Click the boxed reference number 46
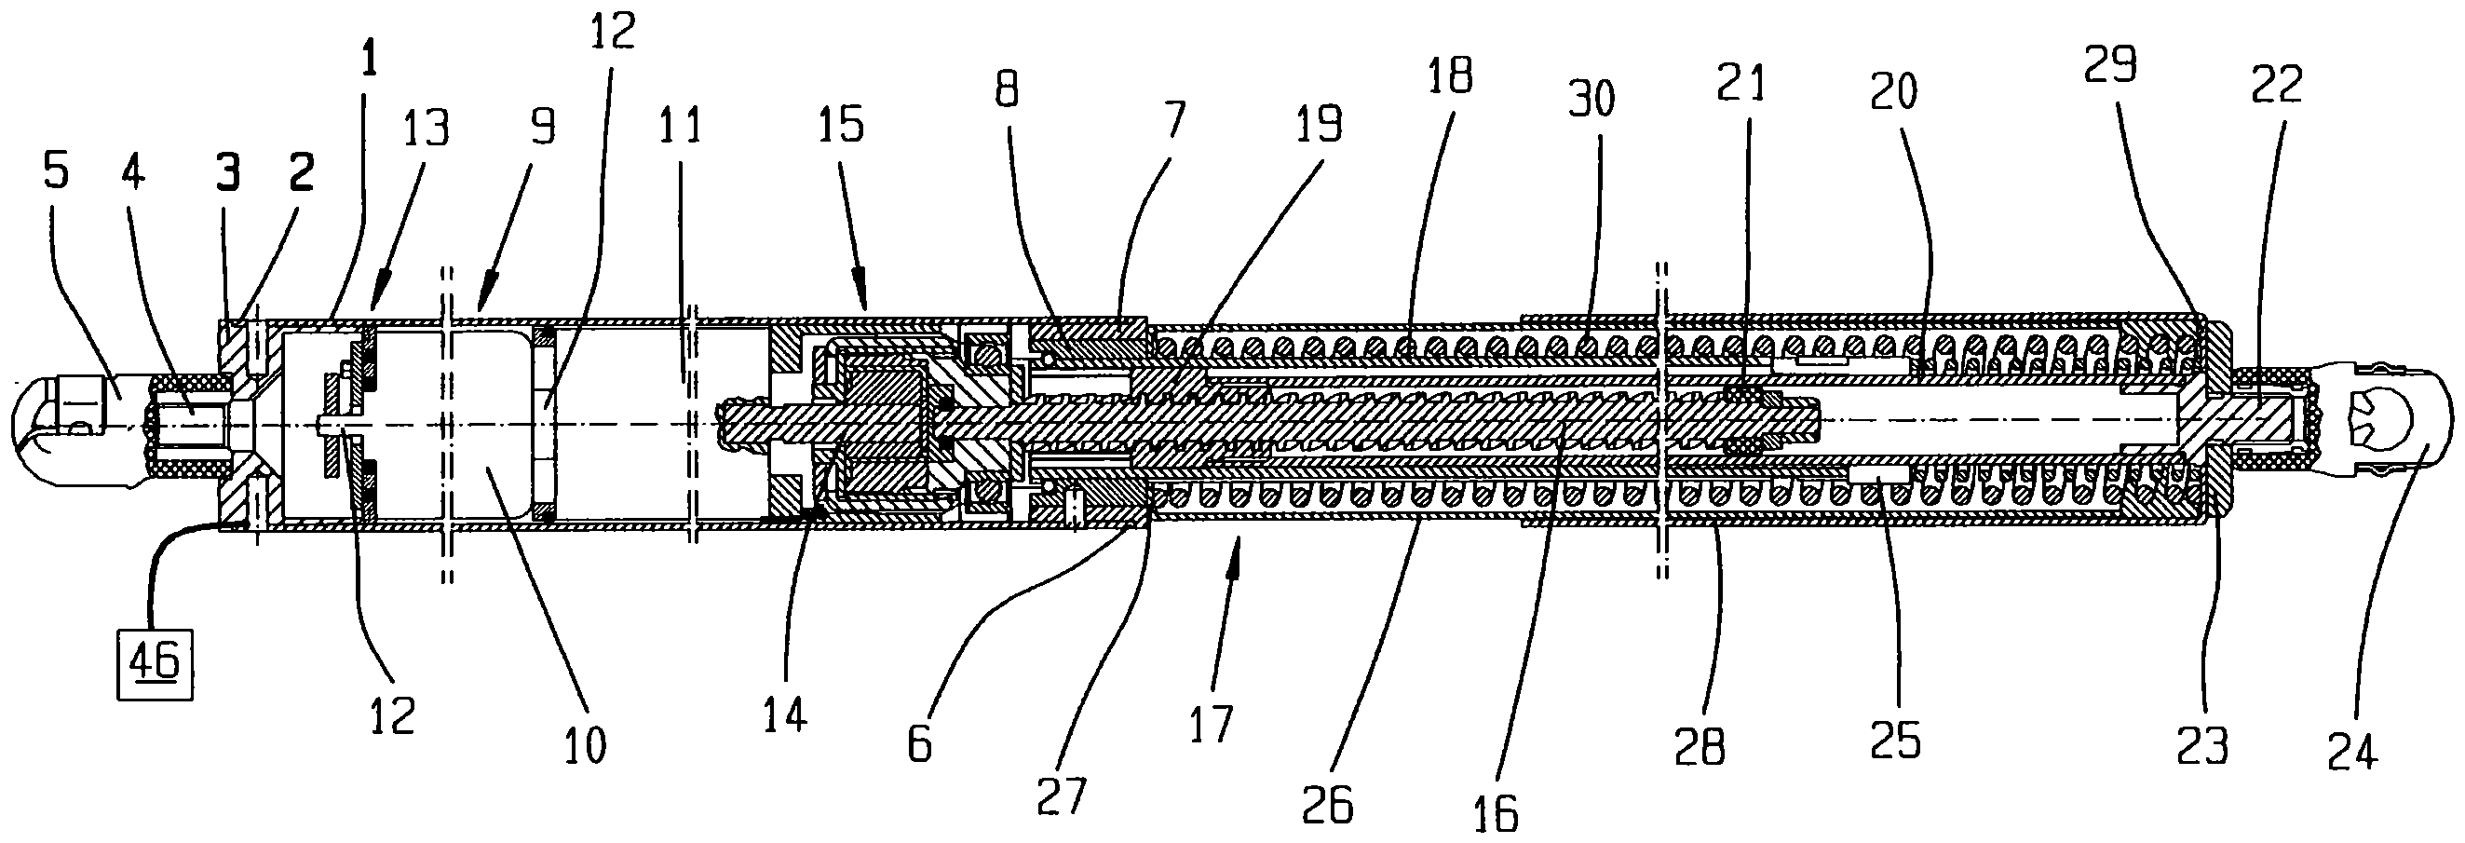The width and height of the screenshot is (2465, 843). tap(155, 662)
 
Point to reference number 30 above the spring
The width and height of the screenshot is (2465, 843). tap(1591, 100)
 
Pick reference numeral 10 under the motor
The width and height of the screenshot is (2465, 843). tap(585, 743)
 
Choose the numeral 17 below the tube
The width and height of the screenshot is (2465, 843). tap(1212, 724)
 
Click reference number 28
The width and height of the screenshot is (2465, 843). tap(1700, 744)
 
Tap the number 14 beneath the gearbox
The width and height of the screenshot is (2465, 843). tap(785, 713)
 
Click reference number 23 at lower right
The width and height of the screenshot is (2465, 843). tap(2201, 743)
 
